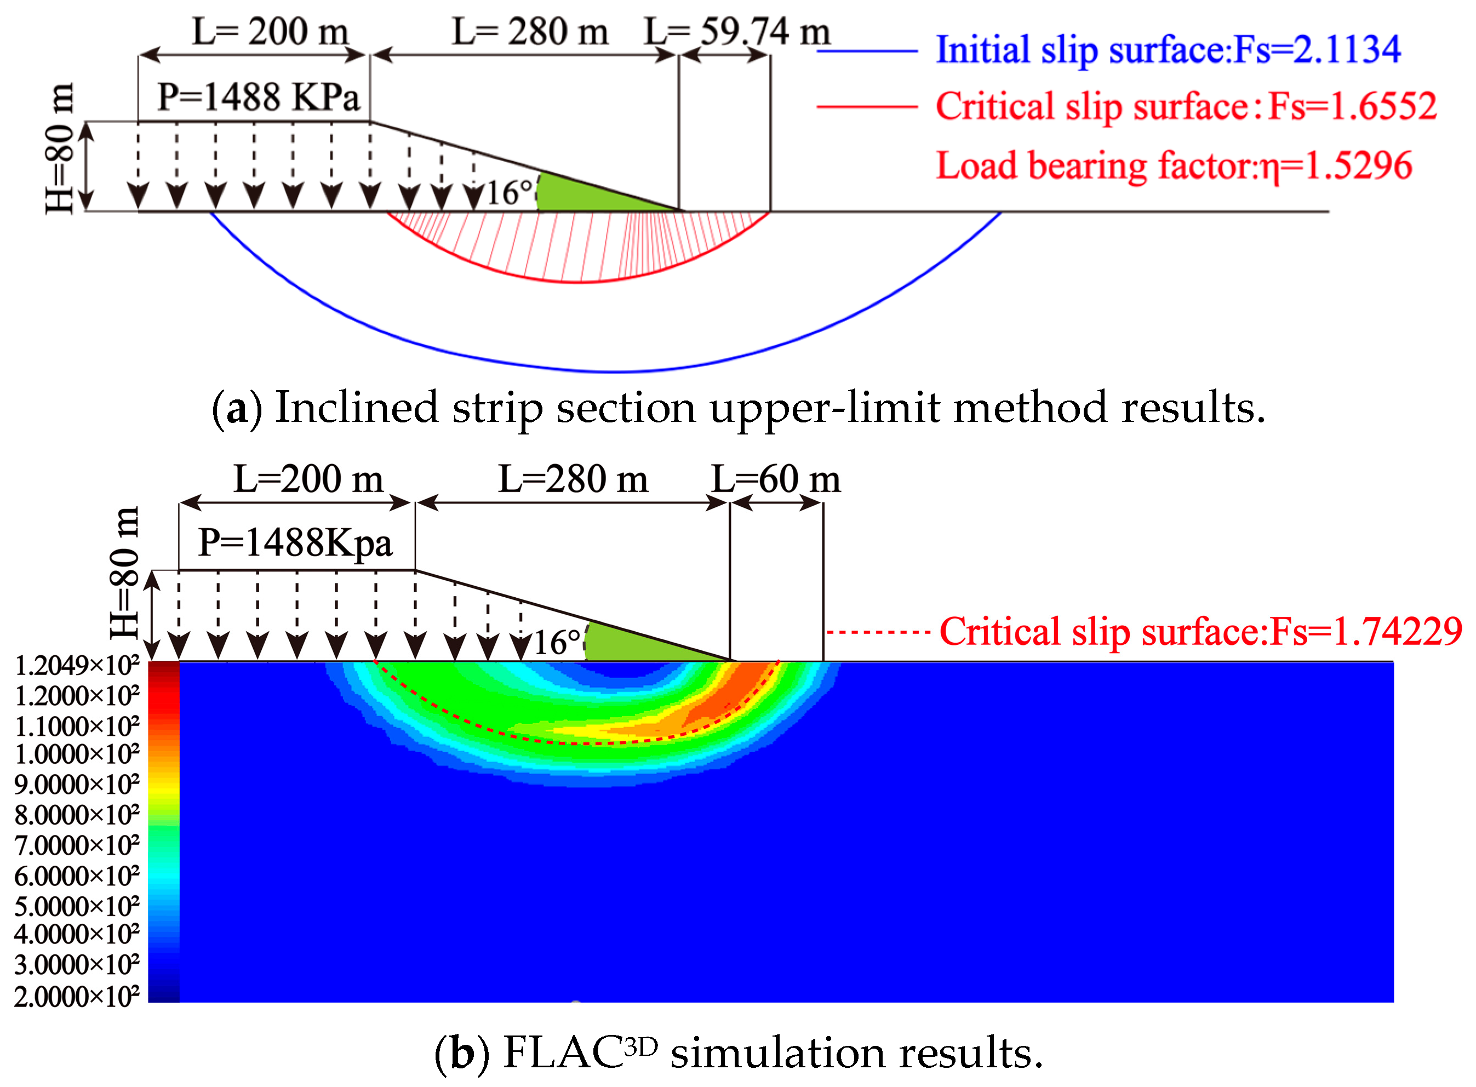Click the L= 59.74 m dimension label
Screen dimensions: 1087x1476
(x=737, y=31)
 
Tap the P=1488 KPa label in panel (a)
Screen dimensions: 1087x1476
(x=259, y=98)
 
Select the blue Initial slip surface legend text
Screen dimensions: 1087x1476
(x=1168, y=49)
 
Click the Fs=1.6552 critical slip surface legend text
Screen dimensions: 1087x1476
(x=1185, y=106)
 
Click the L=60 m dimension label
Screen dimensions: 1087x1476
(x=776, y=479)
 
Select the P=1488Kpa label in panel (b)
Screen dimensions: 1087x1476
(x=295, y=543)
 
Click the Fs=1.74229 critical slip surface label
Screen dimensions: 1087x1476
(x=1200, y=632)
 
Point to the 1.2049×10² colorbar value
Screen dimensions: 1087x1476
(x=77, y=666)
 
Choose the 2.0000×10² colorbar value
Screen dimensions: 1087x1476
(x=77, y=997)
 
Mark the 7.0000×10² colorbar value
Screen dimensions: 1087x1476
(x=77, y=845)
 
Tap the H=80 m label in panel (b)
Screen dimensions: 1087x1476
(x=125, y=573)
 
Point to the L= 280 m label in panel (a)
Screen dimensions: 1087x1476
(x=530, y=31)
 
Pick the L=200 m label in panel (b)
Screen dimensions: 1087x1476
(x=308, y=479)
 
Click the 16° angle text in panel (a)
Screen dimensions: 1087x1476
(x=508, y=193)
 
